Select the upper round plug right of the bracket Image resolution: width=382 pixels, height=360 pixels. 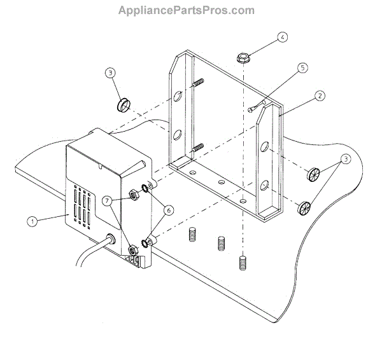(x=312, y=174)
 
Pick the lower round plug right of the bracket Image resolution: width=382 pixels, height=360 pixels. (x=304, y=207)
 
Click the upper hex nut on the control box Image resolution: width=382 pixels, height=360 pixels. (x=134, y=195)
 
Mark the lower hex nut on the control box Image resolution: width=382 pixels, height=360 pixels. (x=132, y=251)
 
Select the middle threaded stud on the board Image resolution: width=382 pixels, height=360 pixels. (x=221, y=243)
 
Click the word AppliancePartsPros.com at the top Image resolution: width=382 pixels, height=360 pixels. (x=186, y=10)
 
